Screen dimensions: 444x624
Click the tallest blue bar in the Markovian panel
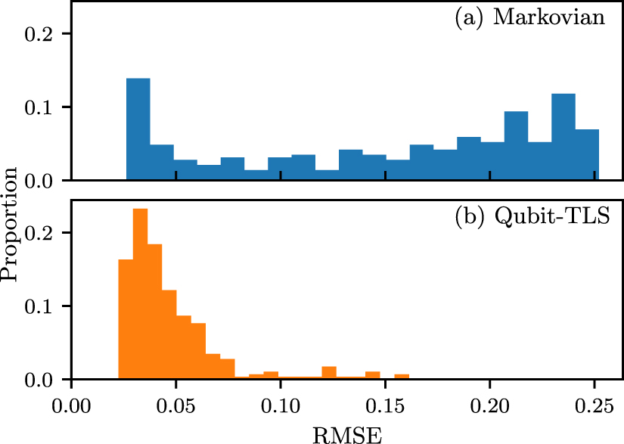(x=138, y=129)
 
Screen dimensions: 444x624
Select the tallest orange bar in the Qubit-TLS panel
(x=140, y=294)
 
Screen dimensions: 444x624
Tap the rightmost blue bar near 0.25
(x=587, y=155)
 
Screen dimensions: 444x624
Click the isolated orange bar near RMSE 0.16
(x=402, y=377)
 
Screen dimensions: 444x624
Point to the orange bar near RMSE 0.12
(x=329, y=373)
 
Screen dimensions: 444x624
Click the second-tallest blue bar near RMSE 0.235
(x=563, y=137)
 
